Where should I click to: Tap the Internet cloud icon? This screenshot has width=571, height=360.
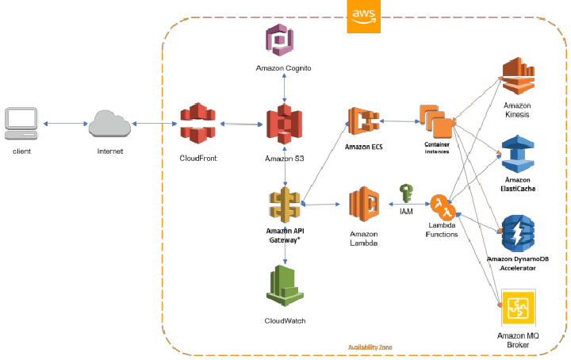pyautogui.click(x=109, y=124)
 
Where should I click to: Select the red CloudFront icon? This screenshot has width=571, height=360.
pyautogui.click(x=197, y=124)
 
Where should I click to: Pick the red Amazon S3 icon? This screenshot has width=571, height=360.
pyautogui.click(x=284, y=126)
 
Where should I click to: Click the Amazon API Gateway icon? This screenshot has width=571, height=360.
pyautogui.click(x=284, y=205)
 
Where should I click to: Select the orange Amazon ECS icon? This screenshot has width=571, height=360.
pyautogui.click(x=365, y=122)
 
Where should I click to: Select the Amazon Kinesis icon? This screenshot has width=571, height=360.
pyautogui.click(x=516, y=77)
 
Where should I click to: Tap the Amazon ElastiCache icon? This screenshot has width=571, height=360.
pyautogui.click(x=516, y=153)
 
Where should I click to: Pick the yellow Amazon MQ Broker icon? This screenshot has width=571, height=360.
pyautogui.click(x=517, y=308)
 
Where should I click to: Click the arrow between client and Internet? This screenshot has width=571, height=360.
pyautogui.click(x=67, y=124)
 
